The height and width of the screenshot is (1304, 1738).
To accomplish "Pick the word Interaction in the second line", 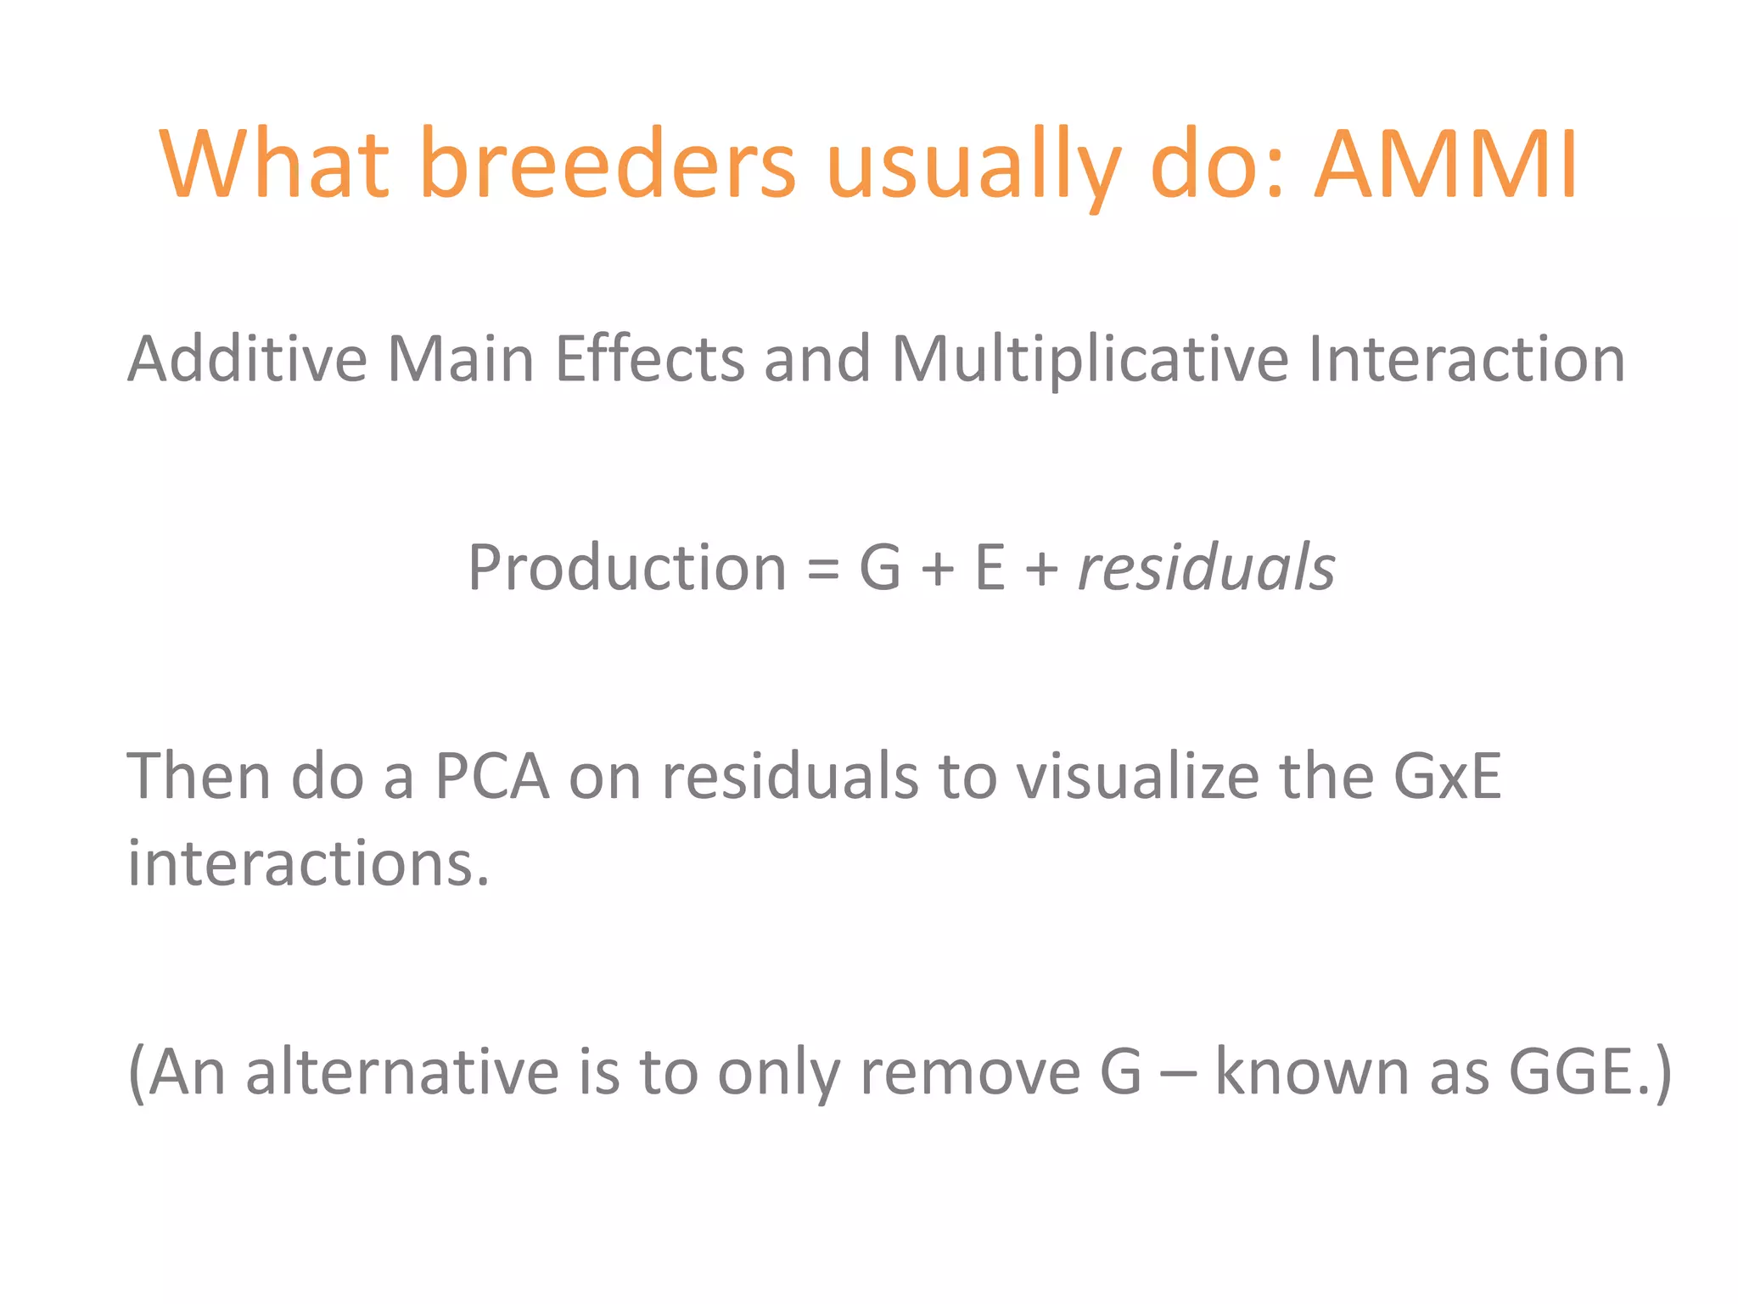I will coord(1466,358).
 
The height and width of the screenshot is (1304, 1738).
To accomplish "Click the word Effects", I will coord(649,358).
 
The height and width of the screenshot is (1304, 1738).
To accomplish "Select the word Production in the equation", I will coord(627,567).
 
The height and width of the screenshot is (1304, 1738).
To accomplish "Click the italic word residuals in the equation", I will coord(1206,567).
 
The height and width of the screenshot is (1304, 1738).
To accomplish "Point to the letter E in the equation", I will coord(990,567).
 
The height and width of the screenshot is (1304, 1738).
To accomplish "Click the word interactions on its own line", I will coord(308,863).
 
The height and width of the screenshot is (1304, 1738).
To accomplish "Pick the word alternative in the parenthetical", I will coord(402,1071).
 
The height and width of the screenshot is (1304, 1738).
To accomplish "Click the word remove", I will coord(971,1073).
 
